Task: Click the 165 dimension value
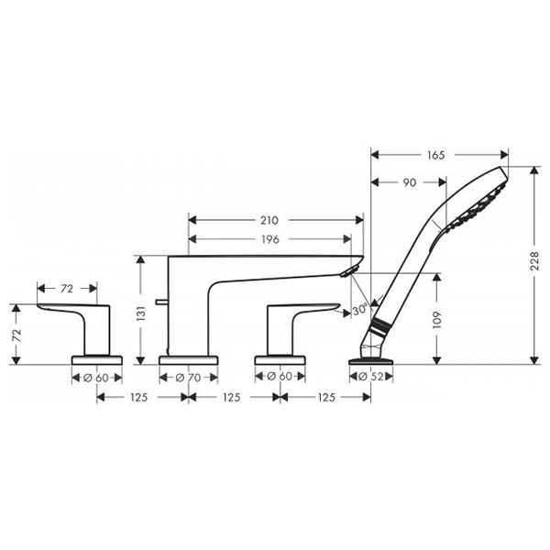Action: (x=436, y=156)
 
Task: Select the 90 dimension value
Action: (x=408, y=182)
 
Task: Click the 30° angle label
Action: (x=361, y=310)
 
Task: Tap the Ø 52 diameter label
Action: (x=370, y=377)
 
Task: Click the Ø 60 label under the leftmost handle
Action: (x=96, y=377)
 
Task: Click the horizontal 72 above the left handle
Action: (x=67, y=289)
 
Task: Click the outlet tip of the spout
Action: (x=347, y=269)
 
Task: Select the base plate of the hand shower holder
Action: (x=370, y=361)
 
